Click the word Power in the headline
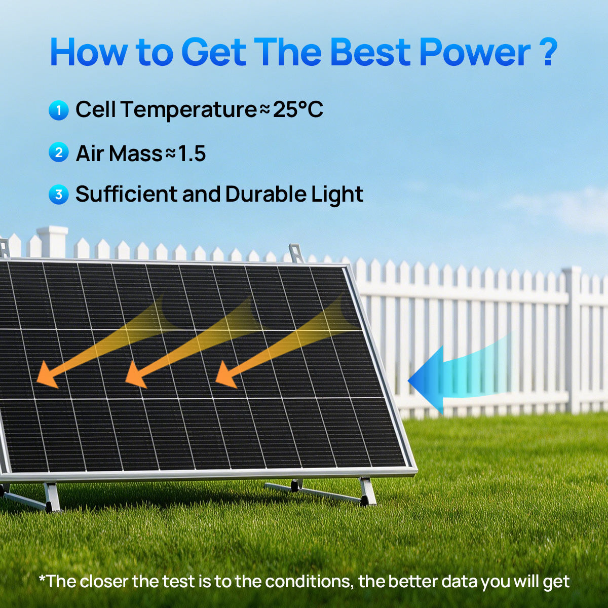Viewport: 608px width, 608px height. point(475,52)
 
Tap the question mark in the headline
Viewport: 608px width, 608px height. point(548,52)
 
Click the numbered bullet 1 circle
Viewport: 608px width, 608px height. point(59,110)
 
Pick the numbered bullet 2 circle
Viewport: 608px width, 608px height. point(59,153)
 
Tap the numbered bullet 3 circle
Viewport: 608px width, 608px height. point(59,195)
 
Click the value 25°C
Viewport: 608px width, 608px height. point(298,109)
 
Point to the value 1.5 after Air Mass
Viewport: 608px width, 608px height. point(192,154)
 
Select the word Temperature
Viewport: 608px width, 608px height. point(188,111)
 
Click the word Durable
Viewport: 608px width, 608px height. point(265,194)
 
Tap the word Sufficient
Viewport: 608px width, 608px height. point(126,194)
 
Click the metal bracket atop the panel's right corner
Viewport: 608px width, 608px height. point(296,253)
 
